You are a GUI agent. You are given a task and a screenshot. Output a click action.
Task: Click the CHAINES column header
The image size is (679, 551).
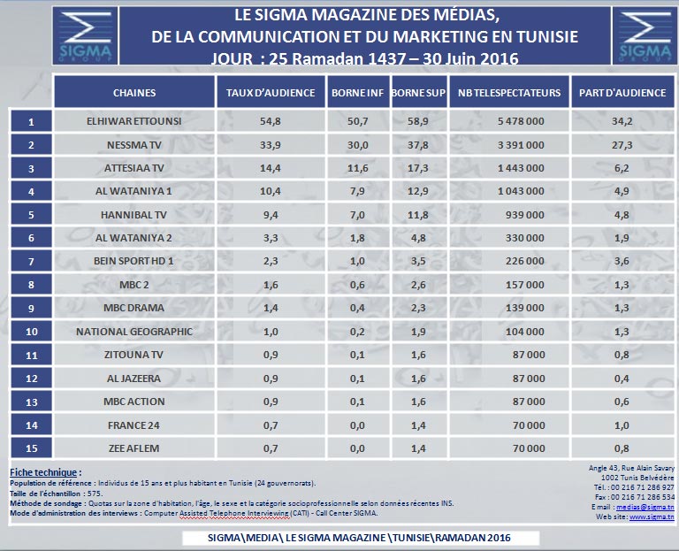coord(134,92)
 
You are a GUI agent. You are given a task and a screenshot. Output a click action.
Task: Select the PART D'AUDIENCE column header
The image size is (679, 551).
coord(623,92)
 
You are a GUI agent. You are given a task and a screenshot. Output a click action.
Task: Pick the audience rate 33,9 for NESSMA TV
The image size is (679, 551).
coord(271,143)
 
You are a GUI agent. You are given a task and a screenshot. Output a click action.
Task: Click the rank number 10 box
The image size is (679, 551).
coord(31,332)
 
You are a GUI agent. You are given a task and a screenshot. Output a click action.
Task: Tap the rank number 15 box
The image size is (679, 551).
coord(31,448)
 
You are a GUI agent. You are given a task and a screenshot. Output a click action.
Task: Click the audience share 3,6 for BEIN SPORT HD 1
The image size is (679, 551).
coord(623,261)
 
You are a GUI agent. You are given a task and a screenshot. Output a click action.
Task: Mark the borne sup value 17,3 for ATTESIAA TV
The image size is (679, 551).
coord(419,167)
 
